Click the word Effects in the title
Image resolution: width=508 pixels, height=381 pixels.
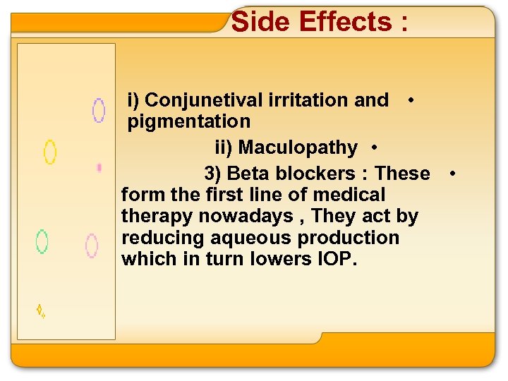pyautogui.click(x=346, y=22)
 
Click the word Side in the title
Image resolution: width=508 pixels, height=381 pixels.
pyautogui.click(x=261, y=22)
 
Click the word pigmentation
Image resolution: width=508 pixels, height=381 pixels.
pyautogui.click(x=188, y=121)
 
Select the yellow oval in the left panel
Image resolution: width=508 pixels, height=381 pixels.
pyautogui.click(x=50, y=152)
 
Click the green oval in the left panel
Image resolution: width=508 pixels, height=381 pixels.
pyautogui.click(x=42, y=241)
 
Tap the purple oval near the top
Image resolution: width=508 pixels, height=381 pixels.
pyautogui.click(x=99, y=110)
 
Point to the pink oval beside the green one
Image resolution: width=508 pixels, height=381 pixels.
pyautogui.click(x=91, y=245)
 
